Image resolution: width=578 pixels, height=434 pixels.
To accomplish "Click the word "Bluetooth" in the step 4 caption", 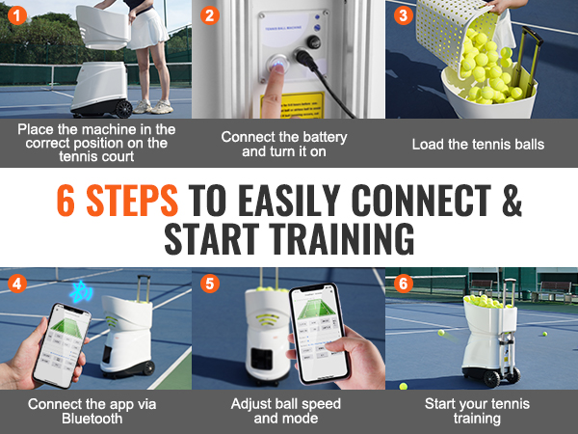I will [x=92, y=420].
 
